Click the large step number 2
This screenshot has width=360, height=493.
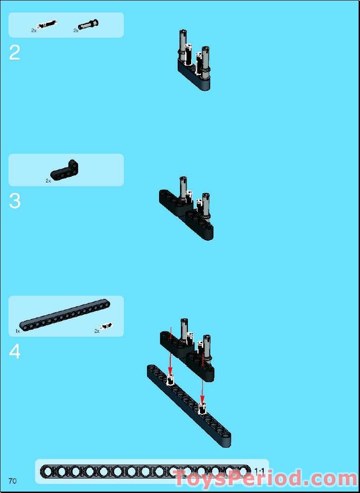click(14, 53)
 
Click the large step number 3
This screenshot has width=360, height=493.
click(15, 201)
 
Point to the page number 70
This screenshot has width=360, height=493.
click(13, 481)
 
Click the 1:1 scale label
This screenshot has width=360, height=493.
click(259, 471)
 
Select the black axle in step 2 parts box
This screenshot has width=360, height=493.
click(47, 24)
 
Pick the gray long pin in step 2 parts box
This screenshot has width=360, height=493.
click(88, 24)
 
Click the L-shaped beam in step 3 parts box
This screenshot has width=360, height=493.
click(64, 171)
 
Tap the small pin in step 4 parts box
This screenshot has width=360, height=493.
click(107, 326)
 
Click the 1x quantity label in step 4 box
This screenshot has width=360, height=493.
click(18, 331)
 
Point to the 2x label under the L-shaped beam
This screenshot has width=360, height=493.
click(48, 181)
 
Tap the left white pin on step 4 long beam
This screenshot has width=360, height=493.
click(170, 380)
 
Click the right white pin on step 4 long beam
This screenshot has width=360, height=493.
click(203, 408)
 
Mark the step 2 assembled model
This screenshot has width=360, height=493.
click(194, 60)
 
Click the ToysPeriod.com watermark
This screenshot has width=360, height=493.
click(266, 479)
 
